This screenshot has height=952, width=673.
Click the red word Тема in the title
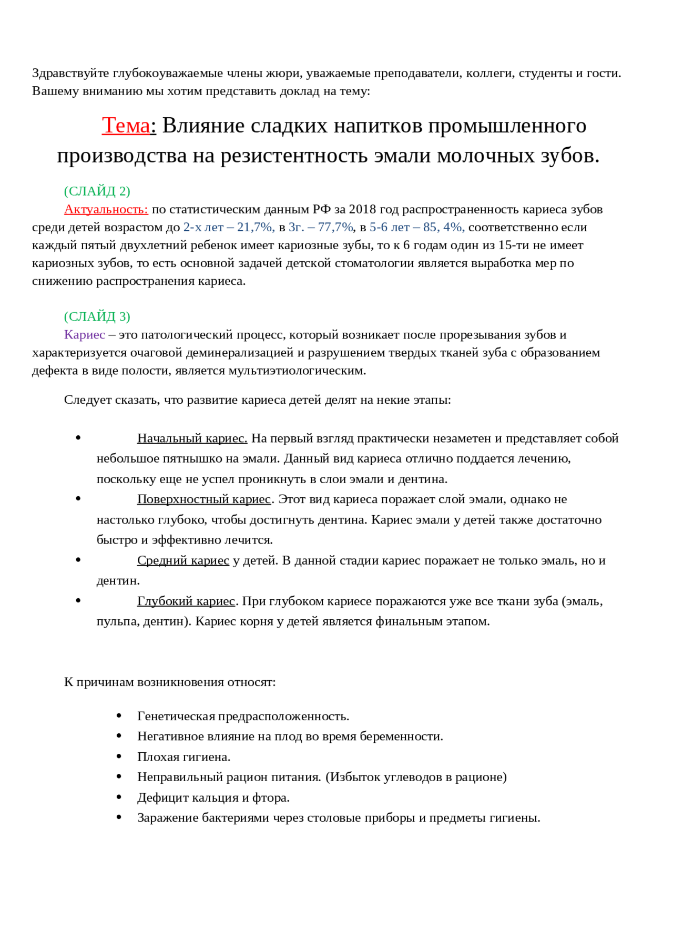(x=126, y=126)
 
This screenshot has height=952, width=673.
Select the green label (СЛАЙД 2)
(x=97, y=191)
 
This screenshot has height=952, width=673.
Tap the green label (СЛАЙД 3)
(x=97, y=316)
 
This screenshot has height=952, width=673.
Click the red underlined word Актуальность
(x=106, y=209)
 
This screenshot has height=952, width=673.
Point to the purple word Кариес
(x=84, y=335)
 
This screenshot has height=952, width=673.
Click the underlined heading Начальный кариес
(x=192, y=438)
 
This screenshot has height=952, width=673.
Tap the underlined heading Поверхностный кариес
(x=204, y=499)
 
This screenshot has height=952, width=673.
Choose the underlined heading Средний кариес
(x=183, y=560)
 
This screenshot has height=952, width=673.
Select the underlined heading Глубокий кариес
(x=186, y=601)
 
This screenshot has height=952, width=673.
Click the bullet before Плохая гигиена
(x=120, y=756)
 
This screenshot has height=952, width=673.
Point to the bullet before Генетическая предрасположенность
(x=120, y=716)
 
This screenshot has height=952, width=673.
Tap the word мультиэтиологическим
(x=297, y=371)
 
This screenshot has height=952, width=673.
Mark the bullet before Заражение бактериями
(x=120, y=817)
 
